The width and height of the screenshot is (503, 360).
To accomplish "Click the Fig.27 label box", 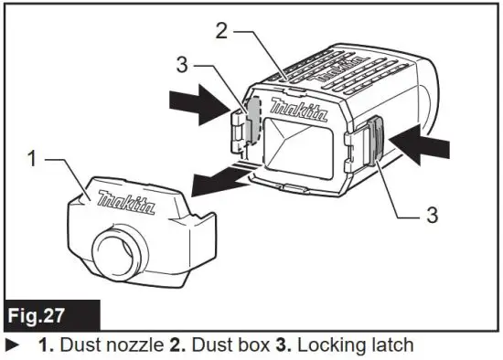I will [x=48, y=319].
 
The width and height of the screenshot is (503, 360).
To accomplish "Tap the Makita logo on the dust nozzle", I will [x=127, y=200].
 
